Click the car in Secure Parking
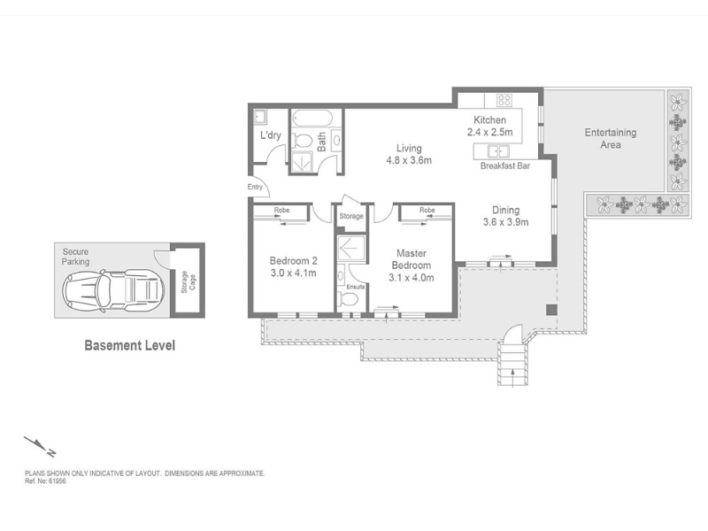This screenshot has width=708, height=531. pyautogui.click(x=113, y=289)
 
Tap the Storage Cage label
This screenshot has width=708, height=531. pyautogui.click(x=189, y=281)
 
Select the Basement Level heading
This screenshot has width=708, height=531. pyautogui.click(x=129, y=345)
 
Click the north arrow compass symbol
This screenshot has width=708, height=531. pyautogui.click(x=40, y=446)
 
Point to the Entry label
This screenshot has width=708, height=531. pyautogui.click(x=255, y=187)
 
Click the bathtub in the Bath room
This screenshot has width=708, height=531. pyautogui.click(x=312, y=119)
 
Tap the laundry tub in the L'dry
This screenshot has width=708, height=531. pyautogui.click(x=260, y=117)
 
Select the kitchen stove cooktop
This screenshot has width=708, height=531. pyautogui.click(x=504, y=100)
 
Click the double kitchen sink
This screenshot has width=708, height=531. pyautogui.click(x=497, y=150)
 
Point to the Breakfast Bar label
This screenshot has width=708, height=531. pyautogui.click(x=504, y=165)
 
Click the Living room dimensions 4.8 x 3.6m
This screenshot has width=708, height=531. pyautogui.click(x=409, y=160)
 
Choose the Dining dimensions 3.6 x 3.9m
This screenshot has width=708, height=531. pyautogui.click(x=505, y=222)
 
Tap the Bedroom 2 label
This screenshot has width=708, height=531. pyautogui.click(x=293, y=260)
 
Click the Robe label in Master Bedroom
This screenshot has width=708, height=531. pyautogui.click(x=427, y=210)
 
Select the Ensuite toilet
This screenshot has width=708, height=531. pyautogui.click(x=348, y=299)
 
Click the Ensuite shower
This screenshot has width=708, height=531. pyautogui.click(x=350, y=248)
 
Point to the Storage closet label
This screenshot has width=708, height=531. pyautogui.click(x=351, y=216)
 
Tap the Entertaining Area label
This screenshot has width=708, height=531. pyautogui.click(x=611, y=139)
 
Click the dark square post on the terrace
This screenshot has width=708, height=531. pyautogui.click(x=550, y=310)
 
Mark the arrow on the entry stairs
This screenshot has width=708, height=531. pyautogui.click(x=513, y=377)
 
